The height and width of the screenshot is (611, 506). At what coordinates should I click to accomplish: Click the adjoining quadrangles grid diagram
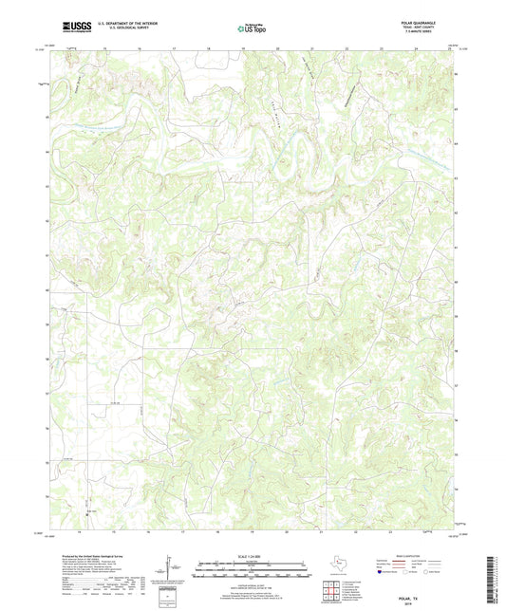coord(331,591)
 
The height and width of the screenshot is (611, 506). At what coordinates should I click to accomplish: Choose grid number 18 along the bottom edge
coord(217,534)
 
